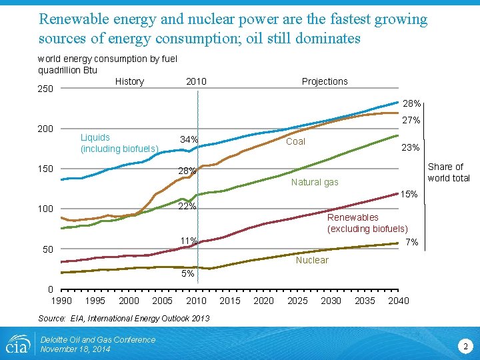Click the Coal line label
click(x=295, y=141)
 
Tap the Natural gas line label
click(x=315, y=182)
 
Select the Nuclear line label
click(x=312, y=260)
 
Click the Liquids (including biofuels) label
click(x=119, y=143)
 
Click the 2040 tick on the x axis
click(x=398, y=301)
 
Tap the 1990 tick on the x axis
click(x=61, y=301)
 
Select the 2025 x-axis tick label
click(x=297, y=301)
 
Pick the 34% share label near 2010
click(x=189, y=139)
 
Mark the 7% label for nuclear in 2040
click(x=411, y=242)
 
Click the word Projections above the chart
click(x=325, y=81)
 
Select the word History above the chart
click(x=129, y=81)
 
